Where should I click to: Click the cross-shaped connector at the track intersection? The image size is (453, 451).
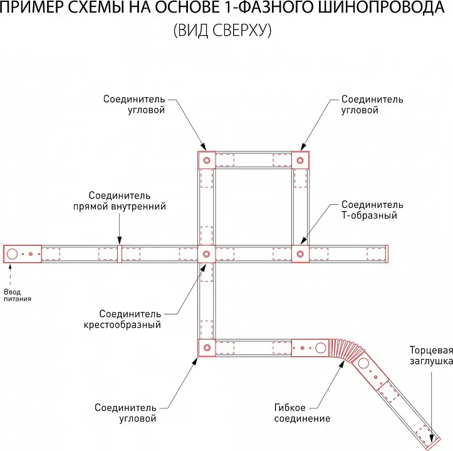(206, 254)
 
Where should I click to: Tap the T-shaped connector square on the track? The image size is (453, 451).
(300, 254)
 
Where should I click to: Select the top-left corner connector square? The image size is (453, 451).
(207, 160)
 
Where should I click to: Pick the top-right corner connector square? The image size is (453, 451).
(300, 160)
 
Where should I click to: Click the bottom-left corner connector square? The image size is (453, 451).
(207, 348)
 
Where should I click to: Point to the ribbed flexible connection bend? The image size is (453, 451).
(346, 349)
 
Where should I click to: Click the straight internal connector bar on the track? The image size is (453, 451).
(119, 254)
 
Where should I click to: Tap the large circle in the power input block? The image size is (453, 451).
(12, 254)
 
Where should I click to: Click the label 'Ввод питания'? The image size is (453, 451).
(18, 295)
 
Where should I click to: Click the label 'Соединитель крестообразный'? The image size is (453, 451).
(122, 319)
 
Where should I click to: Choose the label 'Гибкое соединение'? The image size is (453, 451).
(302, 413)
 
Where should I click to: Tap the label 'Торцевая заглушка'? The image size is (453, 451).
(431, 356)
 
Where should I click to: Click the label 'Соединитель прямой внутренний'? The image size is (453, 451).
(120, 201)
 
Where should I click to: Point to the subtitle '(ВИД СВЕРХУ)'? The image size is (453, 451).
(222, 30)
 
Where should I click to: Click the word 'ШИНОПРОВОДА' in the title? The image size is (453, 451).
(382, 8)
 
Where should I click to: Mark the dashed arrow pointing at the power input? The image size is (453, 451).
(10, 276)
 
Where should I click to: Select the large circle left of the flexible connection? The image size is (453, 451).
(320, 348)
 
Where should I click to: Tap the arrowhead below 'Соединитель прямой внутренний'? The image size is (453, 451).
(119, 241)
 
